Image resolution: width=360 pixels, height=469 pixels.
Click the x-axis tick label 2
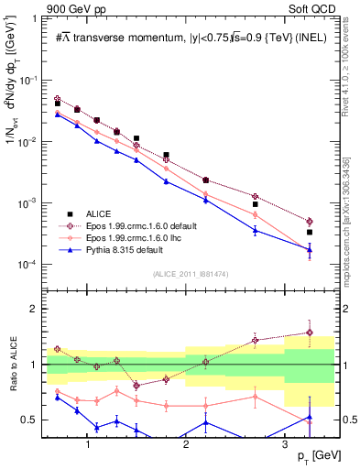[x=186, y=442]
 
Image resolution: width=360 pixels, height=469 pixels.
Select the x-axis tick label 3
[x=285, y=442]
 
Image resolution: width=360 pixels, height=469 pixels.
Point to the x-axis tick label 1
[x=87, y=442]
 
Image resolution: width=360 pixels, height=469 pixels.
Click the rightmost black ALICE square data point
[x=310, y=233]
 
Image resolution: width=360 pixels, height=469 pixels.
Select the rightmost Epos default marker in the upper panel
[x=310, y=222]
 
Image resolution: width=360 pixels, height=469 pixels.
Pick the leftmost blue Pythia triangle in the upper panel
[x=57, y=115]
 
